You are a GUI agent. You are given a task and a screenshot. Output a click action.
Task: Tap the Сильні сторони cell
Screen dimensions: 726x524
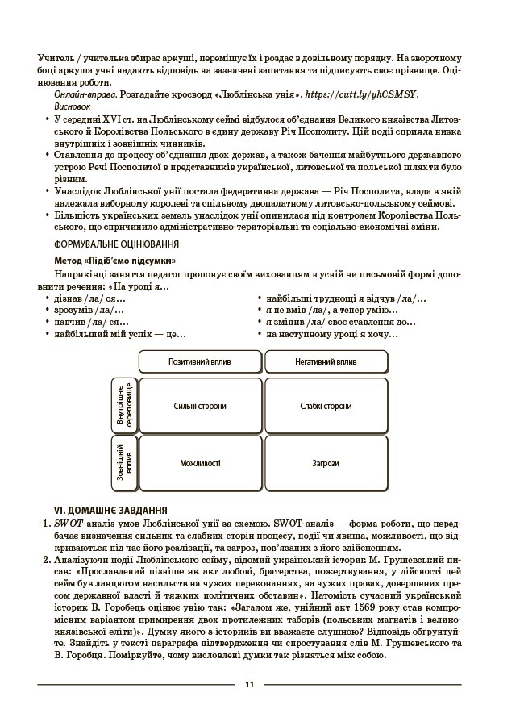click(x=200, y=406)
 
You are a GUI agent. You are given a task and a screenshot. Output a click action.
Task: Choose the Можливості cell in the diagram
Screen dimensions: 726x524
click(x=200, y=464)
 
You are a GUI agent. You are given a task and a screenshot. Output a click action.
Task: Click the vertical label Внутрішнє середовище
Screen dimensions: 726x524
click(x=125, y=406)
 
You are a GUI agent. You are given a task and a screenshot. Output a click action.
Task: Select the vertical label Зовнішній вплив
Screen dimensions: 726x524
click(x=125, y=464)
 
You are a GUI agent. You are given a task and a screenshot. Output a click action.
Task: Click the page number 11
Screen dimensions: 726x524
click(x=249, y=685)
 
